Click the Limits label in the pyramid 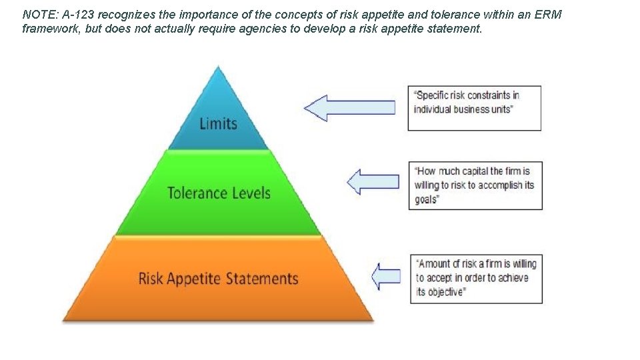pyautogui.click(x=218, y=123)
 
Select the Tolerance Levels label pyautogui.click(x=219, y=193)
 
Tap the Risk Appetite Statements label pyautogui.click(x=218, y=277)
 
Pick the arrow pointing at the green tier pyautogui.click(x=373, y=181)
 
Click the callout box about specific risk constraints pyautogui.click(x=474, y=108)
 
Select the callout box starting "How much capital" pyautogui.click(x=475, y=185)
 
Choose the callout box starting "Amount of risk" pyautogui.click(x=476, y=278)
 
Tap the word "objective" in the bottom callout pyautogui.click(x=444, y=292)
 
